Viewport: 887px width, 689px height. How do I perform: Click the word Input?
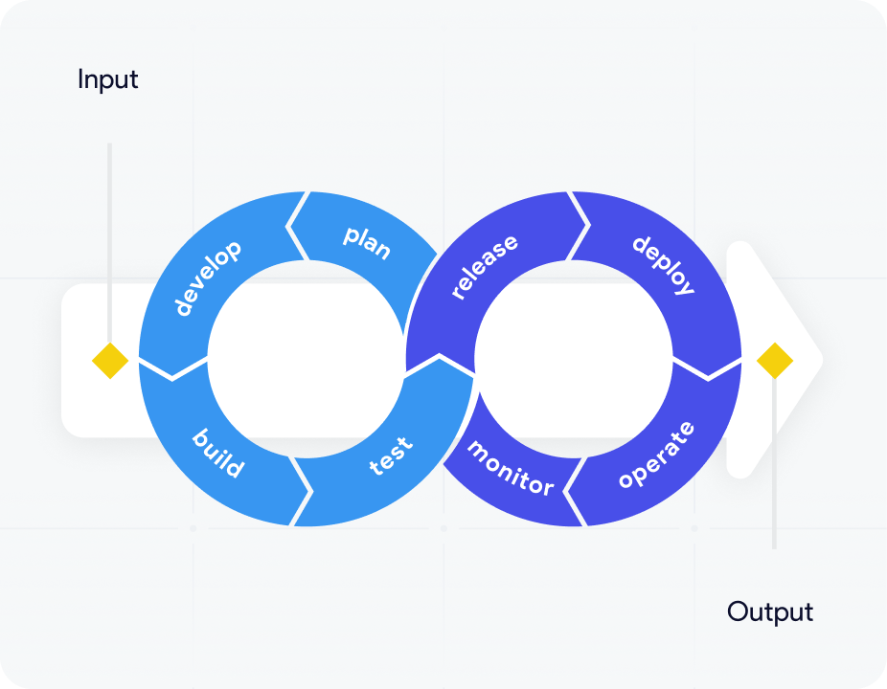(107, 79)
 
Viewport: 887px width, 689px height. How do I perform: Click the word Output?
(769, 611)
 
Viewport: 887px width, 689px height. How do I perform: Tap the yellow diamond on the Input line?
(110, 361)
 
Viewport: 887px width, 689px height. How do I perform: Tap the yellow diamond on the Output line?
(774, 361)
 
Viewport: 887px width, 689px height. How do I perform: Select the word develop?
(208, 278)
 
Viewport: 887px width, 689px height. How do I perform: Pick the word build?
(218, 453)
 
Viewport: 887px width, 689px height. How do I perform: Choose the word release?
(484, 267)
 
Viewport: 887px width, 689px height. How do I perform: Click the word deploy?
(663, 263)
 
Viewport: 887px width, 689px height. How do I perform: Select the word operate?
(656, 455)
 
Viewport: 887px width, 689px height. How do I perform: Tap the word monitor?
(511, 468)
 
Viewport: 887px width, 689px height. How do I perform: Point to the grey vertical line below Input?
(110, 239)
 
